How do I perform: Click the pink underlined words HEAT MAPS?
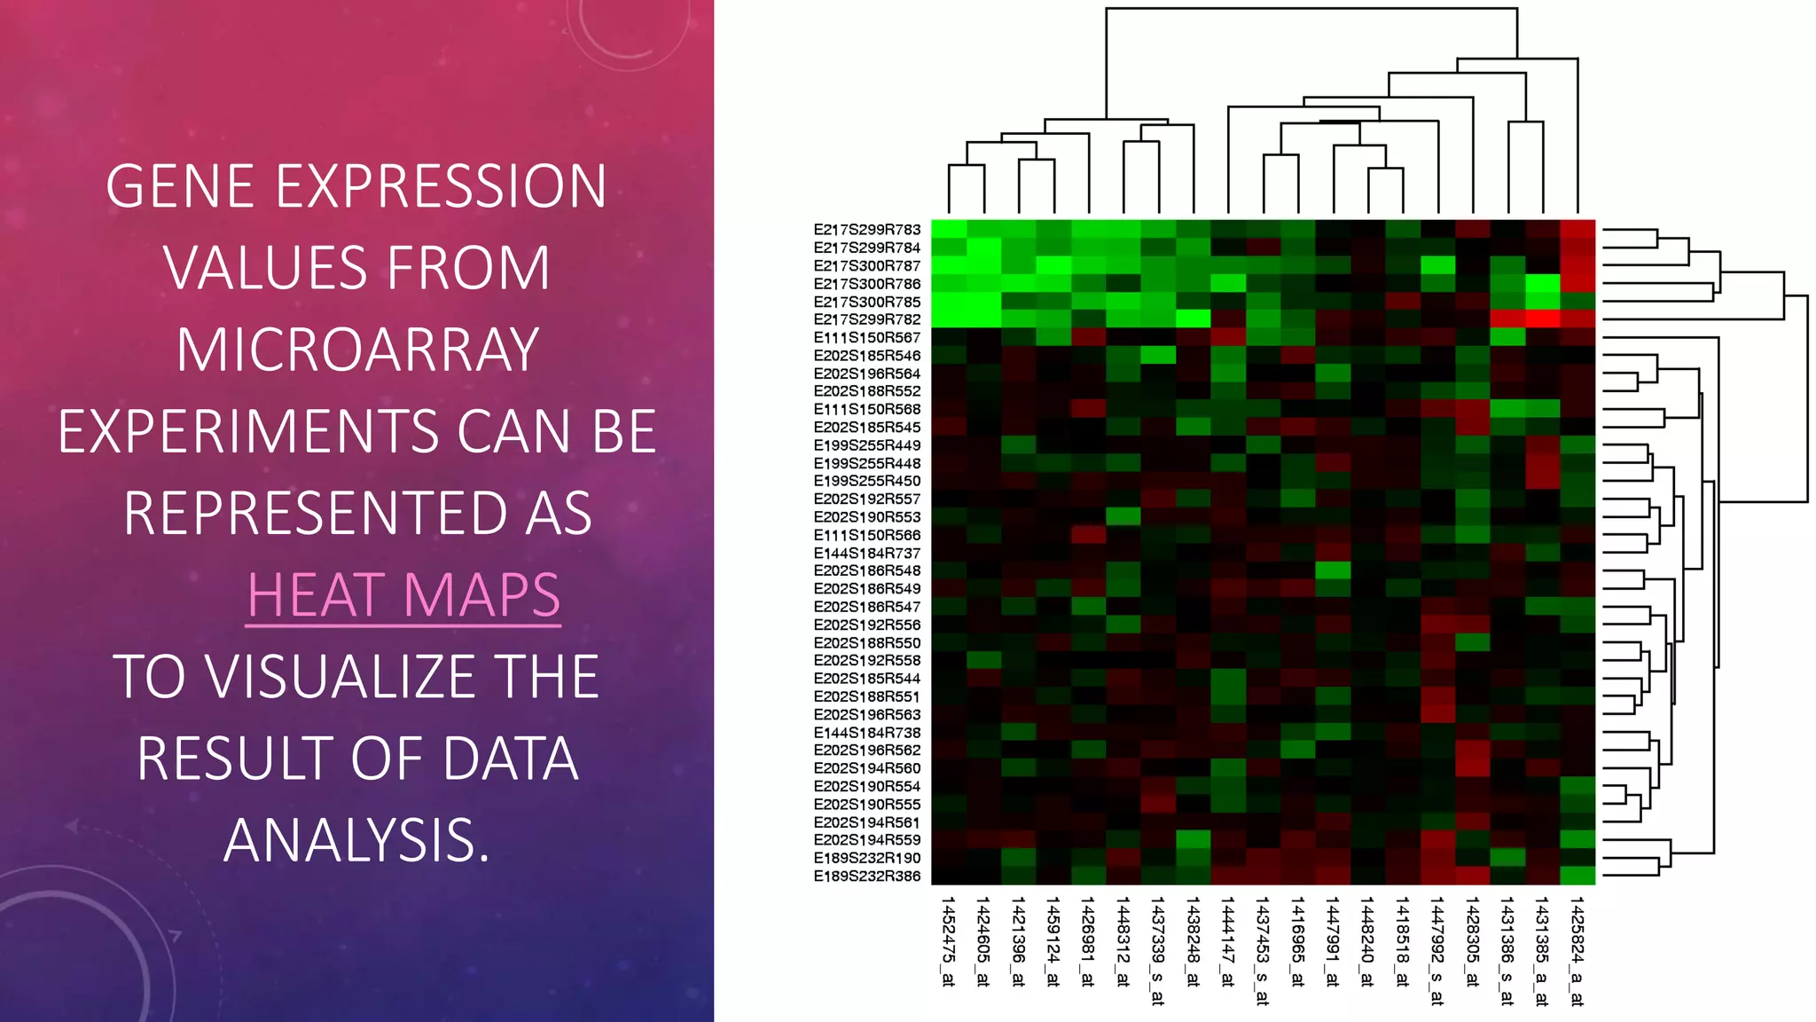(403, 595)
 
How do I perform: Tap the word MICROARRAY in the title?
(357, 350)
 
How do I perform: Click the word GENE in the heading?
(184, 187)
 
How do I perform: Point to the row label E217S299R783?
(866, 230)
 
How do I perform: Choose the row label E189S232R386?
(866, 877)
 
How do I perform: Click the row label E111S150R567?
(866, 338)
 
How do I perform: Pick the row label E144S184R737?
(866, 554)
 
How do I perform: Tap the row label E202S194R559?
(866, 840)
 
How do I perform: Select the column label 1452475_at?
(948, 941)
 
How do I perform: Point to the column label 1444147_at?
(1227, 941)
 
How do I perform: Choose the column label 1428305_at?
(1472, 941)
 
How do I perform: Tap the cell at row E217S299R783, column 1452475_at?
(948, 230)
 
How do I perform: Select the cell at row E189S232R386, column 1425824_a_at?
(1577, 877)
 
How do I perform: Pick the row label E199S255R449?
(866, 445)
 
